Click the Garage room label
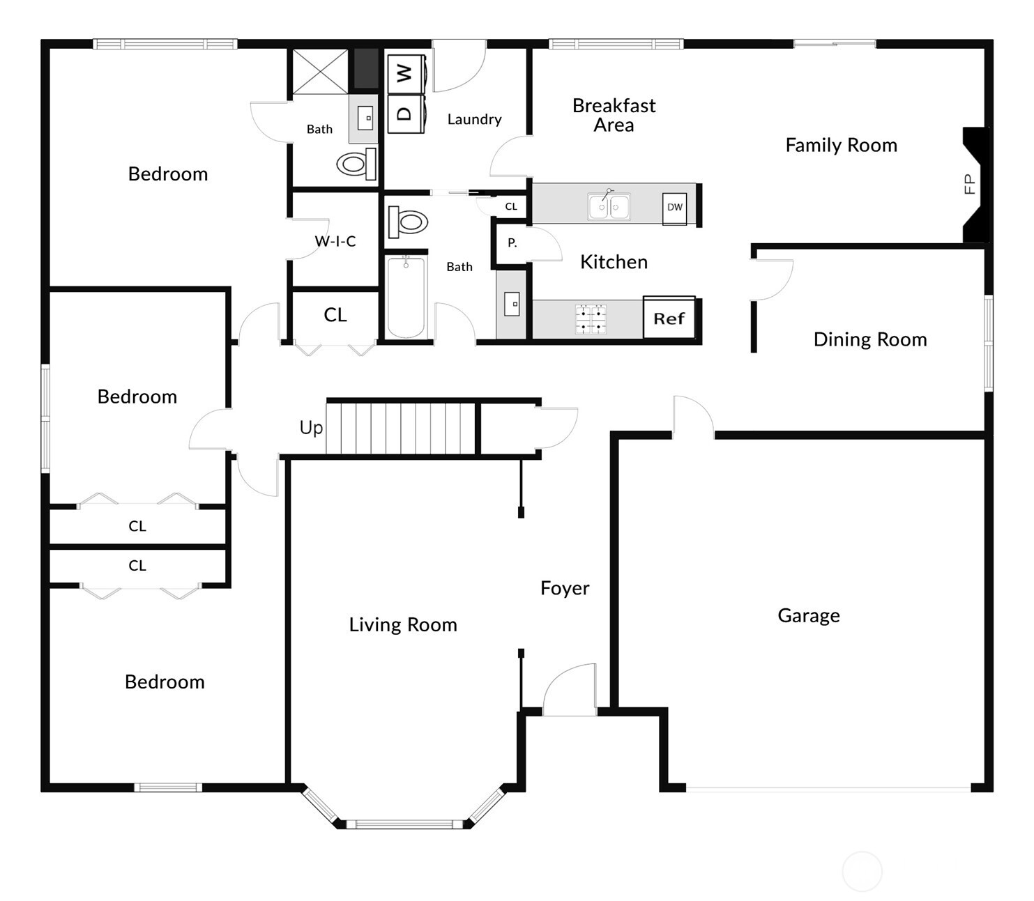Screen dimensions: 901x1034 click(808, 615)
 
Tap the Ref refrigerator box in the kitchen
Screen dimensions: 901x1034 click(669, 318)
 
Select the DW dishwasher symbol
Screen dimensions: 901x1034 click(674, 207)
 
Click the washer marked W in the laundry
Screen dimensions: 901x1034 click(404, 73)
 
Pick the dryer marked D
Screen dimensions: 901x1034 click(404, 114)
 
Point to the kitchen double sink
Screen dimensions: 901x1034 click(609, 207)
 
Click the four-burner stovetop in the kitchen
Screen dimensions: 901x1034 click(591, 319)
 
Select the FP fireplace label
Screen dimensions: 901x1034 click(968, 184)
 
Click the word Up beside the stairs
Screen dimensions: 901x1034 click(311, 427)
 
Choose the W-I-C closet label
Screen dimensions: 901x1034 click(335, 241)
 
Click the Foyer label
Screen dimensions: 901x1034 click(565, 588)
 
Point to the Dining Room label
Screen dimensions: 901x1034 click(870, 339)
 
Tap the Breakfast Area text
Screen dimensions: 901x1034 click(614, 115)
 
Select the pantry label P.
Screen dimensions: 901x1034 click(512, 243)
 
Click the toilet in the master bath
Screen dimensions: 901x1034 click(356, 164)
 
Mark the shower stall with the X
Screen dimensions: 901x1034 click(319, 71)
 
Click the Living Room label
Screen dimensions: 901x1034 click(403, 624)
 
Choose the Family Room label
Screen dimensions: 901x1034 click(841, 145)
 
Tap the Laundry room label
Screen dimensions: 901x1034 click(474, 119)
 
